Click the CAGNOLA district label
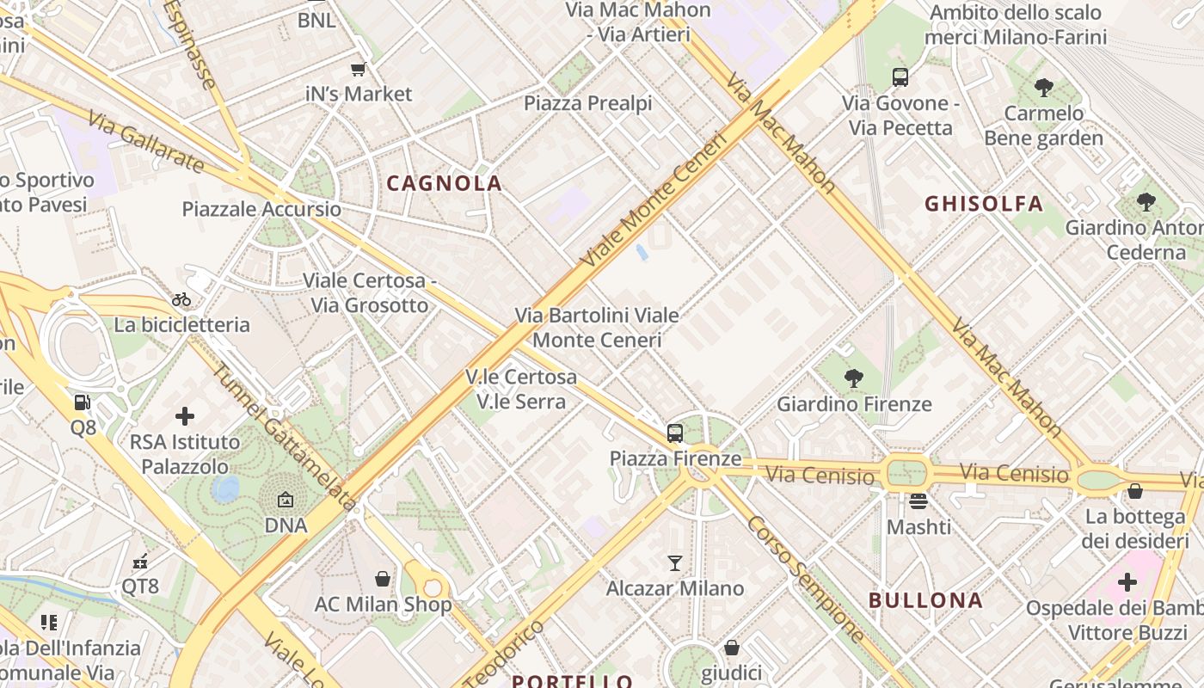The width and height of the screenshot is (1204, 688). (x=444, y=183)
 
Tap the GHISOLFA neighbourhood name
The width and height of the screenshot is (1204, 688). (x=984, y=204)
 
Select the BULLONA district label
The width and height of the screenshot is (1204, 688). (x=925, y=600)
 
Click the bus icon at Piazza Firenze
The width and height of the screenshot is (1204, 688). (x=675, y=433)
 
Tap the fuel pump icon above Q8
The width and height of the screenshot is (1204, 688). (x=83, y=402)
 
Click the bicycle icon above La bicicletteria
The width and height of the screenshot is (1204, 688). (x=181, y=299)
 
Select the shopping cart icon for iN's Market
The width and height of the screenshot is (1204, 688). (x=359, y=69)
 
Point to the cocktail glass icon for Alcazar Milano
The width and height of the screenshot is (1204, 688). (x=675, y=563)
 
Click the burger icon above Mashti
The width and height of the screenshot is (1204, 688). (x=918, y=501)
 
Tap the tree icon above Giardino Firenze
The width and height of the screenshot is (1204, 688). (x=854, y=378)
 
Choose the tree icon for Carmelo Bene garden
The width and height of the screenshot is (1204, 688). (x=1044, y=87)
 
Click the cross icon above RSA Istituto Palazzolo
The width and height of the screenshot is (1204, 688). (x=185, y=417)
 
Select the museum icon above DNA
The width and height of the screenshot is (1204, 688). (x=286, y=500)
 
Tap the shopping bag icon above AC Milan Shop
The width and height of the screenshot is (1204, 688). (x=383, y=579)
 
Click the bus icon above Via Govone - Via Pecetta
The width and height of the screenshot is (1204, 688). (x=900, y=77)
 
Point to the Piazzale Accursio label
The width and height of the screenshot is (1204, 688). (x=261, y=209)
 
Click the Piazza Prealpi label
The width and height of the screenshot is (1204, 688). (x=588, y=103)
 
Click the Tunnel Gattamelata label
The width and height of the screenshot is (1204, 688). (x=284, y=438)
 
